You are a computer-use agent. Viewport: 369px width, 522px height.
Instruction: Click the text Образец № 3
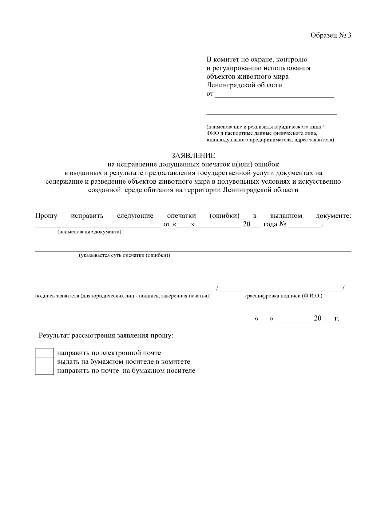pos(331,35)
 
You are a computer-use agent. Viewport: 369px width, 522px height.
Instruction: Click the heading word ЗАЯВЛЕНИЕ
pos(193,156)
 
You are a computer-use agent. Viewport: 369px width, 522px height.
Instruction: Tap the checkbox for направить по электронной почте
pos(44,353)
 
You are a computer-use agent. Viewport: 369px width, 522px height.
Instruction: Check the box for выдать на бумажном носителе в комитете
pos(44,361)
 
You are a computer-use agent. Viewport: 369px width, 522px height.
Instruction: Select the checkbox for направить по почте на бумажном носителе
pos(44,370)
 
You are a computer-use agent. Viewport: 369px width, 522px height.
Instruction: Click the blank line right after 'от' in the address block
pos(274,94)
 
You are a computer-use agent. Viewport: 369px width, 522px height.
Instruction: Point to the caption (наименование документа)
pos(89,232)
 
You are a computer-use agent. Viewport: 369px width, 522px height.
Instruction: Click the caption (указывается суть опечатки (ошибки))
pos(125,256)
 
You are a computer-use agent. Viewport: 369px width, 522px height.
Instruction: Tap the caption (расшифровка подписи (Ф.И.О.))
pos(284,296)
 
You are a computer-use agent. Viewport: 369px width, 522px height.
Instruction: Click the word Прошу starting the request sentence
pos(46,216)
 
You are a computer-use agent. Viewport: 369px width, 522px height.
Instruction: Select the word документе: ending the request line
pos(333,216)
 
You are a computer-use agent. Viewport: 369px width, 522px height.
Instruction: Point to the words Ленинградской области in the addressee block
pos(244,85)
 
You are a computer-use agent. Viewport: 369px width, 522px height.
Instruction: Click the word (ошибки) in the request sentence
pos(224,216)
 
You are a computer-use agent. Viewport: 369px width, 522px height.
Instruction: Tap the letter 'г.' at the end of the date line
pos(337,319)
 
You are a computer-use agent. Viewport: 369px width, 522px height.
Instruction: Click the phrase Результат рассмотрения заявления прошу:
pos(106,335)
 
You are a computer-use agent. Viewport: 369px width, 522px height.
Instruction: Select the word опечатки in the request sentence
pos(181,216)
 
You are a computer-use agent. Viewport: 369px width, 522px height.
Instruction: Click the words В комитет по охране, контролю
pos(256,59)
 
